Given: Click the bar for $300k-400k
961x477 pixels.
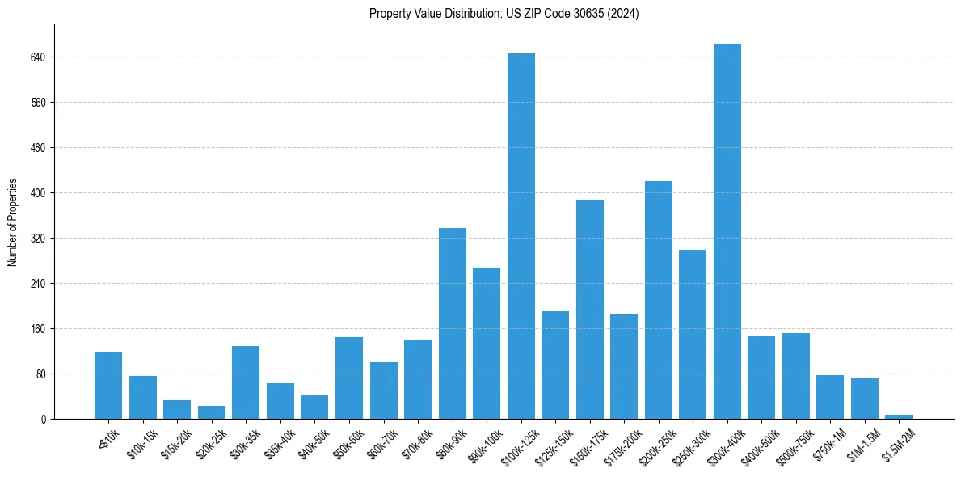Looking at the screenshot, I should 727,231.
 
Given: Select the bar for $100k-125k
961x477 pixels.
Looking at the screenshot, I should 521,236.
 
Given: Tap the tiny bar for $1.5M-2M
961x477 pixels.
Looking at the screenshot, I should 898,416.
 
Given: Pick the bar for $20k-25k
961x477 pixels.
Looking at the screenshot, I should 212,412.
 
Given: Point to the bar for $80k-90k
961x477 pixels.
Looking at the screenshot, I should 452,323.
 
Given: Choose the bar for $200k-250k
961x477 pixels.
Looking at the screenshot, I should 658,300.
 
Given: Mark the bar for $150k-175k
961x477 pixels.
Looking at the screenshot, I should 589,309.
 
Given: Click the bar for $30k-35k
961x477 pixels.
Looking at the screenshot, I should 246,382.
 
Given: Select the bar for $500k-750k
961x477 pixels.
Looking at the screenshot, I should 795,376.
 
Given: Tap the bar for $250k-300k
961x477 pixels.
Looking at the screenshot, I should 693,334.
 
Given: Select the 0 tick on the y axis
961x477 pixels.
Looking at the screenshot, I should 44,420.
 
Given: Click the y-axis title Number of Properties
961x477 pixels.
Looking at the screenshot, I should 12,222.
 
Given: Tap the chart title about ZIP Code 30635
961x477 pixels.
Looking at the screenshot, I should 504,14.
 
